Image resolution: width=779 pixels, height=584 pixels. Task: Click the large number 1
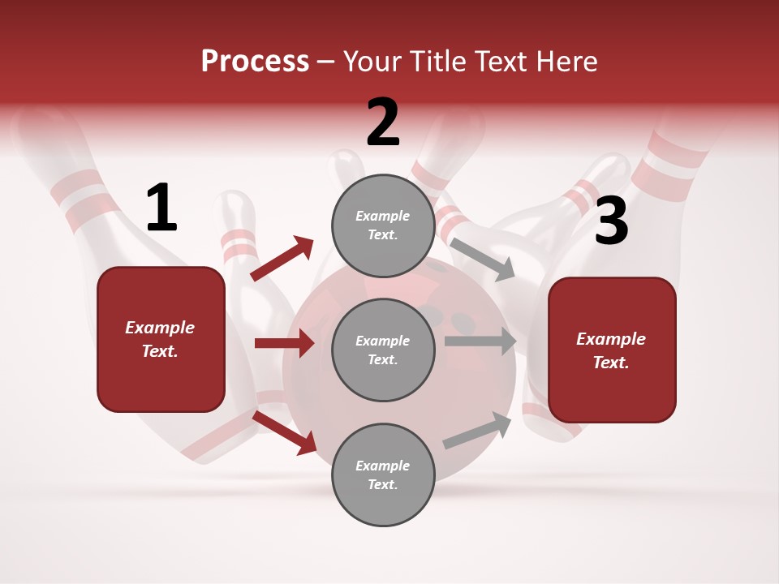[161, 208]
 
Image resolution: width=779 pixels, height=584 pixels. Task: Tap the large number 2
[383, 122]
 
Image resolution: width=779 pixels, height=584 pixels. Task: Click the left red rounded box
[161, 339]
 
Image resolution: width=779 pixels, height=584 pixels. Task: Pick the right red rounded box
[612, 350]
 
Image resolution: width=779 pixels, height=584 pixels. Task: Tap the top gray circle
[383, 225]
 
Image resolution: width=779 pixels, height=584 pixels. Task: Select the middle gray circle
[383, 350]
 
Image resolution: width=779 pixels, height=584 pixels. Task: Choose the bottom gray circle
[383, 474]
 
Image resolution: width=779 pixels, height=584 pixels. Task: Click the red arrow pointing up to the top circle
[282, 259]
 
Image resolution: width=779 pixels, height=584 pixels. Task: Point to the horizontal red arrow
[284, 343]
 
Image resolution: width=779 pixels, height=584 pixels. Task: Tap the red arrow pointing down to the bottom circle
[285, 432]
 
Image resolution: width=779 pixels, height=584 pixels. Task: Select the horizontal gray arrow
[480, 341]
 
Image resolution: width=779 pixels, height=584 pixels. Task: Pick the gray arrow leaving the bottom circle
[478, 431]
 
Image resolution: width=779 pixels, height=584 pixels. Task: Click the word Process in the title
[255, 61]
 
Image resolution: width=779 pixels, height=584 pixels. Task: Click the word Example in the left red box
[160, 328]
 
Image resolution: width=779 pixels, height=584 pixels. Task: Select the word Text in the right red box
[610, 363]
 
